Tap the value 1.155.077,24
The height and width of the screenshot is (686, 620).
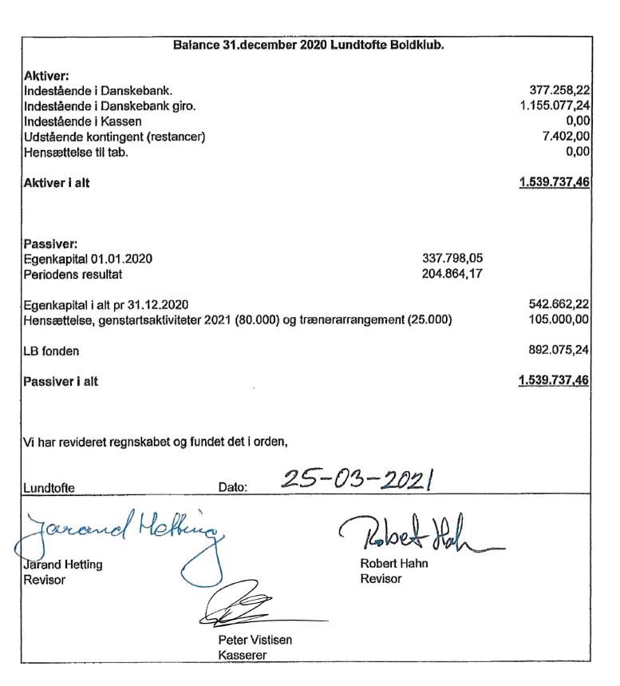click(x=554, y=105)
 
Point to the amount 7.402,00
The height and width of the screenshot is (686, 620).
click(x=565, y=137)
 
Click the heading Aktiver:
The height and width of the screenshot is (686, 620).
click(x=47, y=76)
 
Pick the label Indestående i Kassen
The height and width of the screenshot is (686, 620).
click(x=83, y=121)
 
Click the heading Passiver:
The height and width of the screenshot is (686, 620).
click(x=50, y=244)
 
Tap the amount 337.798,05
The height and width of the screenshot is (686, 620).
click(x=452, y=258)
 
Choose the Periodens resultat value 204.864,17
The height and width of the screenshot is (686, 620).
click(x=452, y=274)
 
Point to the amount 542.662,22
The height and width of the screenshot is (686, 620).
click(x=559, y=304)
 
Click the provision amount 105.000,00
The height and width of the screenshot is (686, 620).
click(x=559, y=319)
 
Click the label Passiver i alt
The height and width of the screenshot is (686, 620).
click(x=61, y=382)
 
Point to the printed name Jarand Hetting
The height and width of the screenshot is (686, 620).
click(x=63, y=565)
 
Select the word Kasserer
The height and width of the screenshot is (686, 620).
click(x=242, y=656)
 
